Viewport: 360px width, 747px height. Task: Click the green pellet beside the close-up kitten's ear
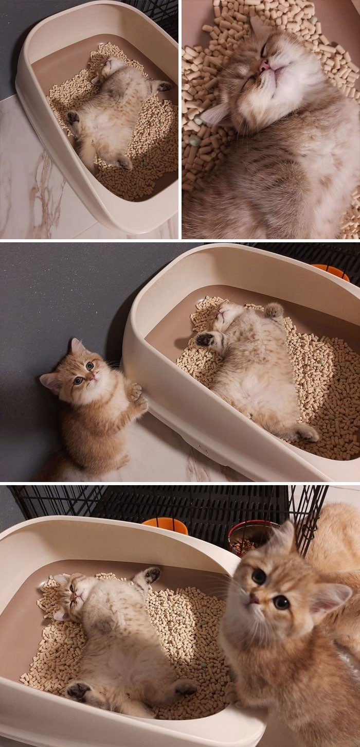pyautogui.click(x=194, y=140)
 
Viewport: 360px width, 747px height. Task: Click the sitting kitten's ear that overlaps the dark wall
pyautogui.click(x=77, y=346)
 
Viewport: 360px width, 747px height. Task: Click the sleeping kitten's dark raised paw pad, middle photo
pyautogui.click(x=205, y=339)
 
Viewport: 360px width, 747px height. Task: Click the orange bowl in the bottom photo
pyautogui.click(x=165, y=525)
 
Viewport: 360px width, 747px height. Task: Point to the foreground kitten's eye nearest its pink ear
pyautogui.click(x=281, y=602)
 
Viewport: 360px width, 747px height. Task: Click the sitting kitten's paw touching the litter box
pyautogui.click(x=135, y=393)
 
